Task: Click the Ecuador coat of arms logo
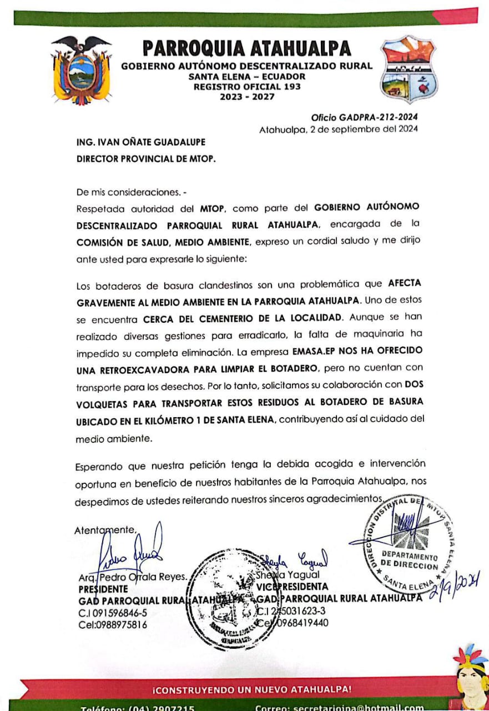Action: [x=81, y=70]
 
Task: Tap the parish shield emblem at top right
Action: [x=409, y=70]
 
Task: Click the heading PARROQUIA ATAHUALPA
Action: [x=247, y=48]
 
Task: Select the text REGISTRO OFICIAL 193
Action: [x=247, y=87]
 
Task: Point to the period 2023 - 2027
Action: [x=247, y=97]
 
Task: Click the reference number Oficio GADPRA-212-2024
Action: [x=364, y=117]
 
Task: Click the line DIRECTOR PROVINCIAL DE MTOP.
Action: [x=146, y=158]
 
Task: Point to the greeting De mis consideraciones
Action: [x=132, y=193]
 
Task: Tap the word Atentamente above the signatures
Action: [x=104, y=530]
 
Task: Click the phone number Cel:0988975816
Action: [x=113, y=624]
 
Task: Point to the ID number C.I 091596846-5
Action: [x=113, y=613]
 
